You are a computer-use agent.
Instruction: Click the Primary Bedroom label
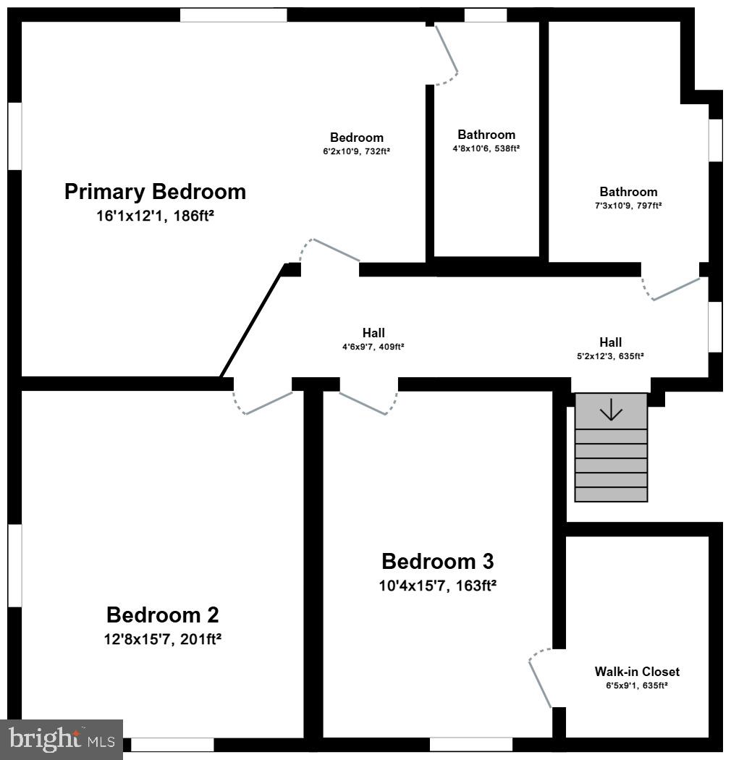click(155, 192)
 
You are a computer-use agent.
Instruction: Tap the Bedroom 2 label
click(162, 615)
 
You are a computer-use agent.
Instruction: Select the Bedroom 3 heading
click(437, 561)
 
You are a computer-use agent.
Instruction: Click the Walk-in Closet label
click(637, 672)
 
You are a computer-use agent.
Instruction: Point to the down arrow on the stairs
click(612, 410)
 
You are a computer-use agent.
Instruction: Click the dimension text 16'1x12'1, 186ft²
click(155, 216)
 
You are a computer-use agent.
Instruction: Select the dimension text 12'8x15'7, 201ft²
click(162, 639)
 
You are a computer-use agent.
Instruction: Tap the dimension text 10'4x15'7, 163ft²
click(437, 586)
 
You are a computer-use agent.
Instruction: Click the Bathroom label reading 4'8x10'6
click(486, 135)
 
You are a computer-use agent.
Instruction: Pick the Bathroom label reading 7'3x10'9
click(628, 192)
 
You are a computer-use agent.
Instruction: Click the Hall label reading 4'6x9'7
click(373, 333)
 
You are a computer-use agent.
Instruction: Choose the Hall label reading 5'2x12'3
click(610, 342)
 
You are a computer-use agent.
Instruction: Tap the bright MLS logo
click(62, 739)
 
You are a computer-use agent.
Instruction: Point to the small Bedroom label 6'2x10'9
click(357, 138)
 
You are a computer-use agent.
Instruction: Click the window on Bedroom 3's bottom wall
click(471, 744)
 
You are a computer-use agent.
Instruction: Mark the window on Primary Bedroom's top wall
click(233, 14)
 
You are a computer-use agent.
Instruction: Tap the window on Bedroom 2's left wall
click(14, 565)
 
